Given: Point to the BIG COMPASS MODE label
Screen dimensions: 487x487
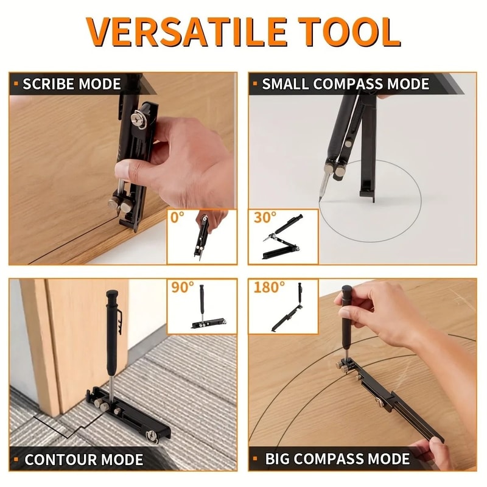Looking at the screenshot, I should click(337, 458).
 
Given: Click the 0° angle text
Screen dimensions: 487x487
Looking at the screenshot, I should click(178, 218).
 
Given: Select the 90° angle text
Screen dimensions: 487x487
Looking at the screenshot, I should click(182, 288).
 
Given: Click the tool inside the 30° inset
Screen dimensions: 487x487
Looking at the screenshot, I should click(286, 239).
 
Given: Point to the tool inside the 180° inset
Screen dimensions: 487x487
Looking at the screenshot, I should click(292, 310).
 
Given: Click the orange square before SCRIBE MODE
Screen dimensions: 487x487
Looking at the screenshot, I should click(15, 84).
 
